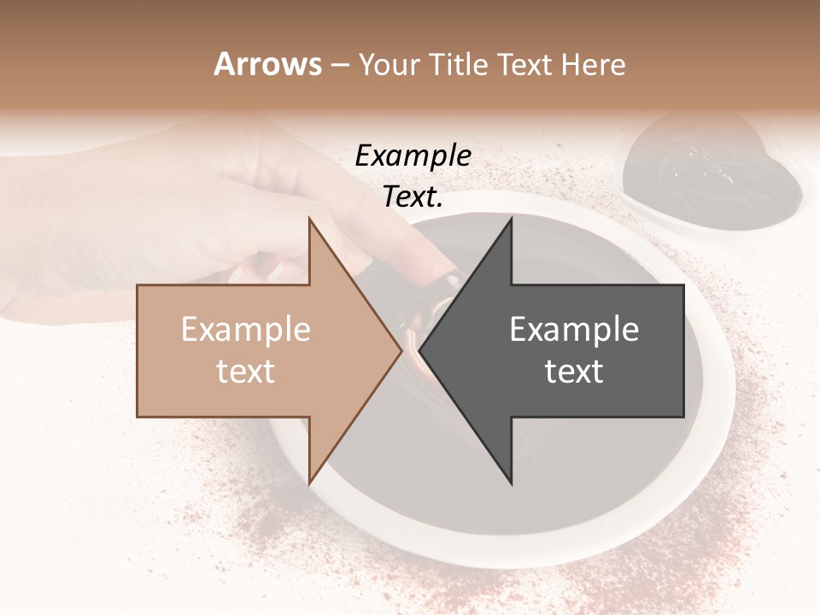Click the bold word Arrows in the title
[x=268, y=64]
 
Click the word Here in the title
[x=594, y=64]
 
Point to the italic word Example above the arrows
[x=413, y=156]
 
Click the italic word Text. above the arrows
[x=413, y=197]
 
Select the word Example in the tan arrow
[x=246, y=330]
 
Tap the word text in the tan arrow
[x=246, y=372]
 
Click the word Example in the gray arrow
[x=574, y=330]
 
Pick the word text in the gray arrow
[x=574, y=372]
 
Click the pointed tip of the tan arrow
[x=400, y=351]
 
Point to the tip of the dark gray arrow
[x=422, y=351]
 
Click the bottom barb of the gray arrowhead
[x=510, y=480]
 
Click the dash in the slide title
[x=338, y=65]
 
